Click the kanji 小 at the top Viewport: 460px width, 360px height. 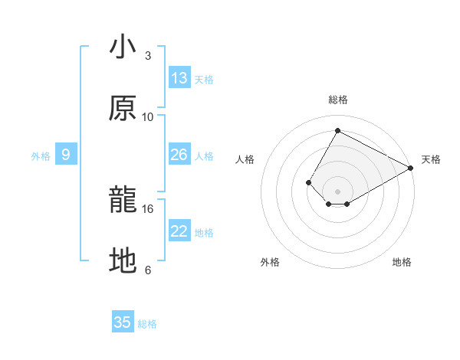coord(123,47)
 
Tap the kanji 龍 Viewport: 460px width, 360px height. coord(123,200)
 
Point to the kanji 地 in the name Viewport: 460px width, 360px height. coord(123,261)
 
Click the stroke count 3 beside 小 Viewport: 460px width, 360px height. coord(148,56)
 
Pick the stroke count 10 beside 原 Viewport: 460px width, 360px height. coord(148,116)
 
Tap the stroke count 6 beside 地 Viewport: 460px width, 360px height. coord(148,270)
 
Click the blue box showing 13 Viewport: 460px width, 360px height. coord(179,78)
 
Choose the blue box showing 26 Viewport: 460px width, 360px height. coord(179,155)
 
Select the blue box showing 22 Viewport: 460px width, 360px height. coord(179,231)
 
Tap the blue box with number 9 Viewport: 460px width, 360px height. coord(66,155)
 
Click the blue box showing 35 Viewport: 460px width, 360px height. coord(123,322)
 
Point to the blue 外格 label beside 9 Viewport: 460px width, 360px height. coord(41,155)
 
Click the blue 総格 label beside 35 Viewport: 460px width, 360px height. coord(147,323)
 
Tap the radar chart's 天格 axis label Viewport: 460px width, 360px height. coord(431,159)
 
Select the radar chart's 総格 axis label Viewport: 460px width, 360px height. coord(337,100)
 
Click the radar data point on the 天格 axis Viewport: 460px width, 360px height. coord(411,168)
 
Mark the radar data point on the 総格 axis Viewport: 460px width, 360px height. coord(337,130)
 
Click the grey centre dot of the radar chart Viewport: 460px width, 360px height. coord(337,191)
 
